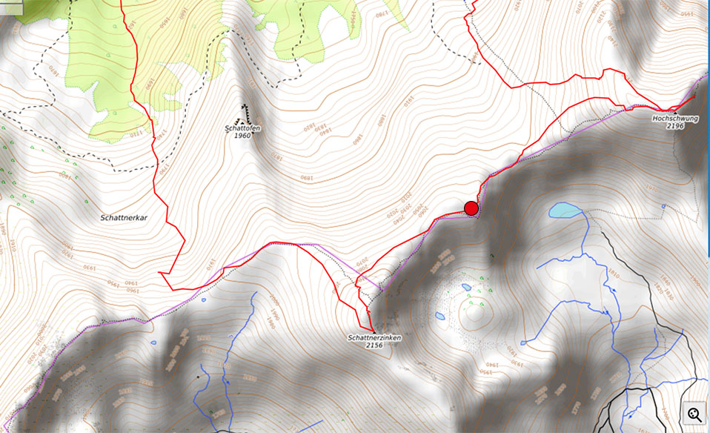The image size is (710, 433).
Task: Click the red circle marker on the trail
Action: point(471,208)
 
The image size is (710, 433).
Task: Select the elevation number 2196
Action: point(674,126)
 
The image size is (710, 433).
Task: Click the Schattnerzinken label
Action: point(374,338)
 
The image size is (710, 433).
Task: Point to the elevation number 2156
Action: point(374,346)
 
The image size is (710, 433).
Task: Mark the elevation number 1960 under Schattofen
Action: point(243,136)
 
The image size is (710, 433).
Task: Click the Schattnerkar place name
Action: point(124,219)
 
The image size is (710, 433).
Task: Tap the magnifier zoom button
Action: point(695,414)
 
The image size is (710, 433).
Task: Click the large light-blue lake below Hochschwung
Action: point(565,210)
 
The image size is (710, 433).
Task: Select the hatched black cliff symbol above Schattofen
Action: point(245,111)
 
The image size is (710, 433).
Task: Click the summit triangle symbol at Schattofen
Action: point(240,121)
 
